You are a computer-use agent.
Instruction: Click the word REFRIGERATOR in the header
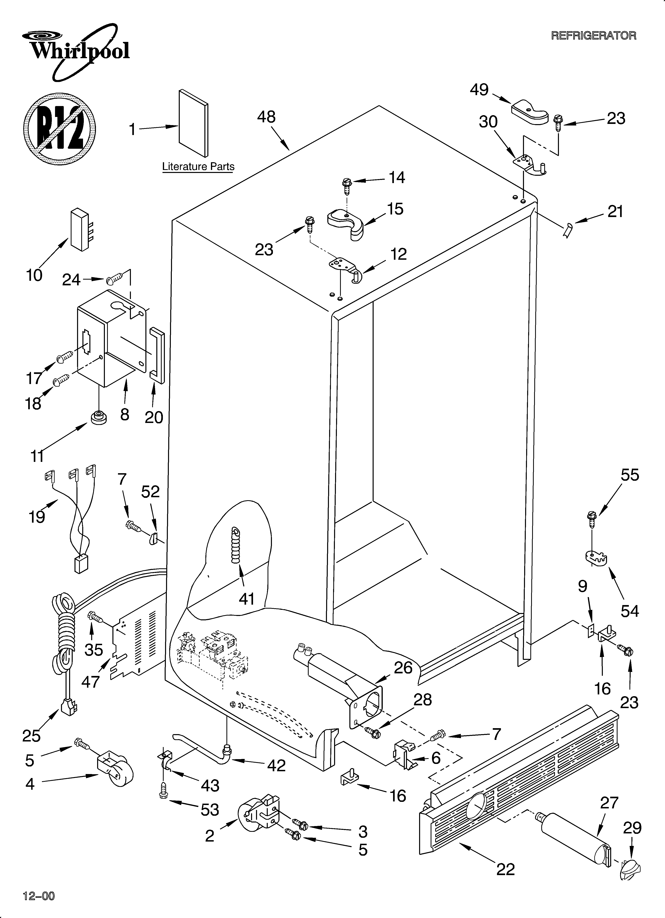pos(593,36)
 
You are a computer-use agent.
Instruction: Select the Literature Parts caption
pos(198,166)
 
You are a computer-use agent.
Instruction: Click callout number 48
pos(266,117)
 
